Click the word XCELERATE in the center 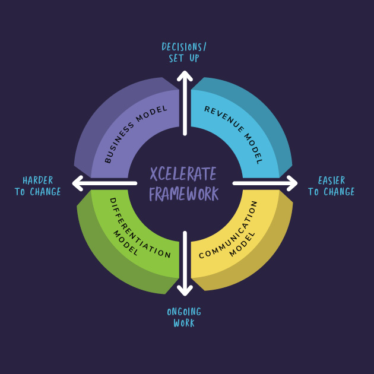coord(183,174)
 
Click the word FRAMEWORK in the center coord(183,194)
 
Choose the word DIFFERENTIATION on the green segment coord(141,229)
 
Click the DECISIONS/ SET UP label coord(184,53)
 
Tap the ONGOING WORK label coord(184,318)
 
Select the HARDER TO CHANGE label coord(38,186)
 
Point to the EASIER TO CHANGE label coord(331,186)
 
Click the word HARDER coord(38,180)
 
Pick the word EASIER coord(331,180)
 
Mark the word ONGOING coord(184,312)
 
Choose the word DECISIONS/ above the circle coord(184,47)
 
